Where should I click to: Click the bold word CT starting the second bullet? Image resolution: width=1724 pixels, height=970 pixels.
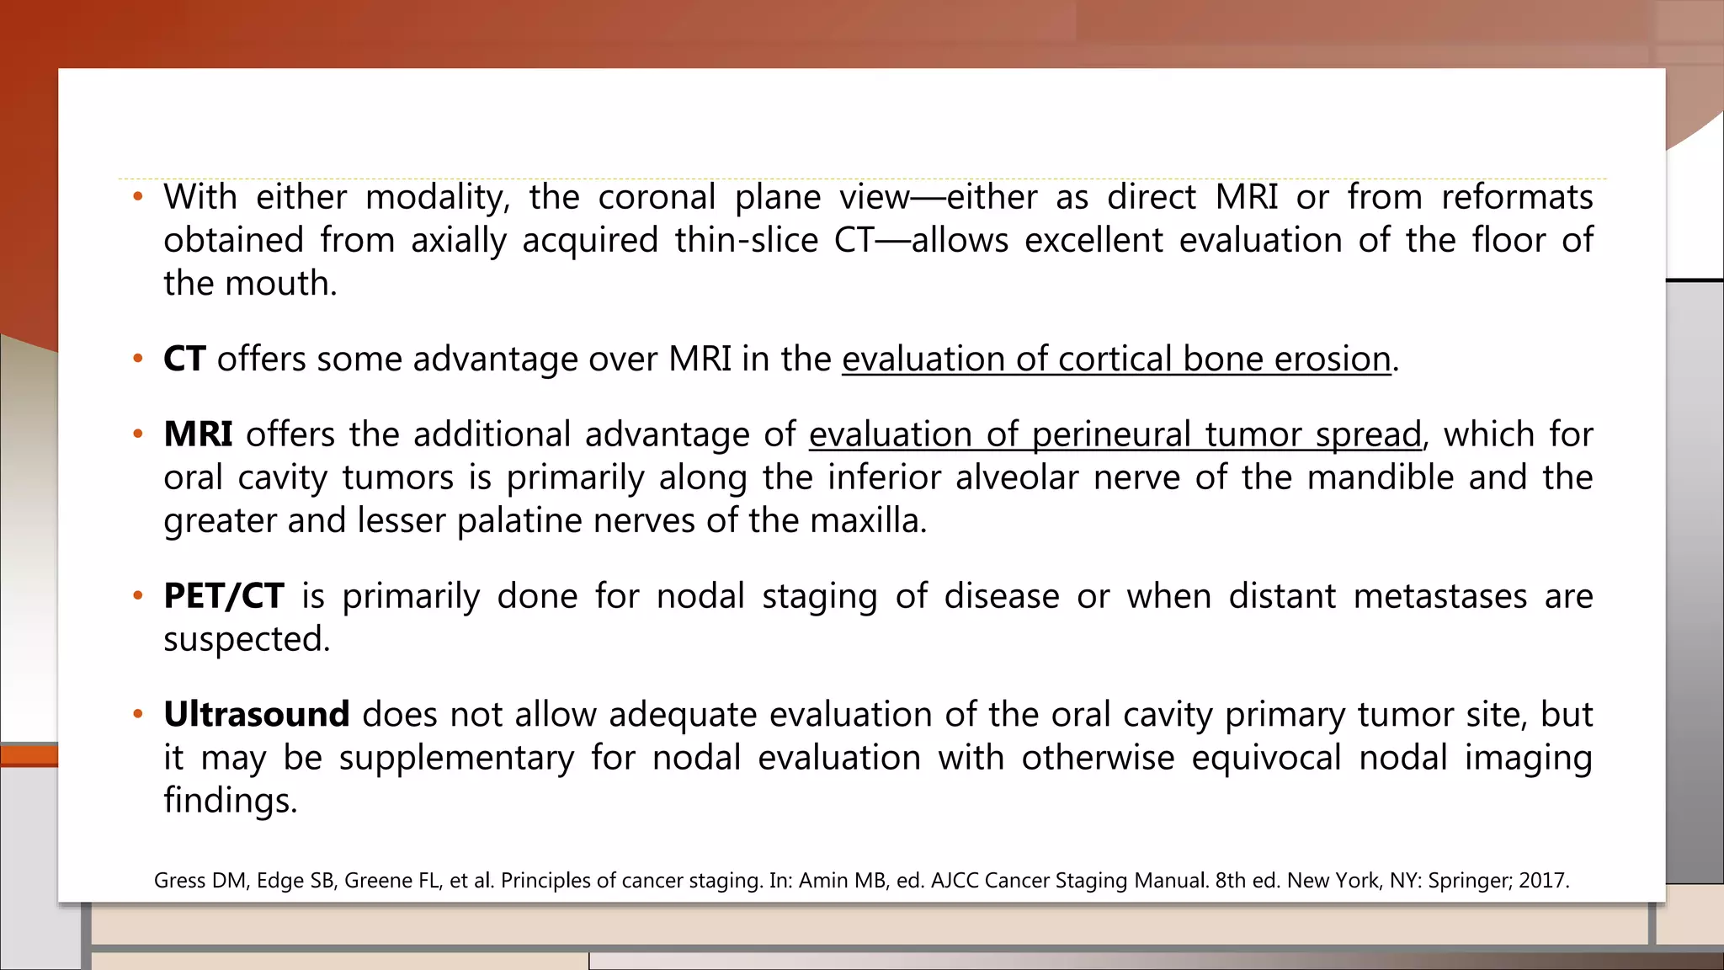pyautogui.click(x=184, y=360)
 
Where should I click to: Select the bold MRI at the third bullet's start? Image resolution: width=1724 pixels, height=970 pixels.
pyautogui.click(x=198, y=434)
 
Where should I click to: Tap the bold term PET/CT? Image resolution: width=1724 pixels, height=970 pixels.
pyautogui.click(x=224, y=596)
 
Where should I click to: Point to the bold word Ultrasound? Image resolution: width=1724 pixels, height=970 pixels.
pyautogui.click(x=256, y=715)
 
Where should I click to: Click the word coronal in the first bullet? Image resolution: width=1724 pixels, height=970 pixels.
pyautogui.click(x=657, y=198)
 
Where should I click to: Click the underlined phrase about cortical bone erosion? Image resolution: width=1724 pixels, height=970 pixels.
pyautogui.click(x=1116, y=360)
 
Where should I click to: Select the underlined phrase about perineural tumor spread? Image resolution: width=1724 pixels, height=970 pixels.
pyautogui.click(x=1115, y=434)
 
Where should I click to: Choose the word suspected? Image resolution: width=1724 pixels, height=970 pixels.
pyautogui.click(x=247, y=640)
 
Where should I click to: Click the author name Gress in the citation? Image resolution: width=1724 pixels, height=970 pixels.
pyautogui.click(x=179, y=881)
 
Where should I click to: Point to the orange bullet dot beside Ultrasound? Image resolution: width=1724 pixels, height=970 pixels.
pyautogui.click(x=138, y=715)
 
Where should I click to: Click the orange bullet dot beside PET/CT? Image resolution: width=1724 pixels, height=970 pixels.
pyautogui.click(x=138, y=596)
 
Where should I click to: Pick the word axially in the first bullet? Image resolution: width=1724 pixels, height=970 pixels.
pyautogui.click(x=458, y=241)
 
